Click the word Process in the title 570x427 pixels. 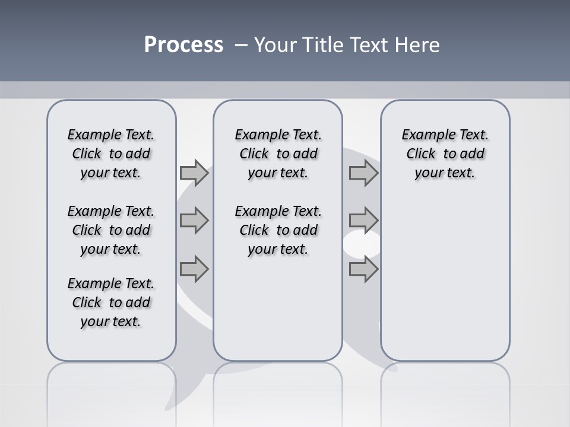(x=183, y=45)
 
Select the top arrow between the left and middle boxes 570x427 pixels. (x=194, y=173)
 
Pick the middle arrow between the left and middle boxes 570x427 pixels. (x=194, y=221)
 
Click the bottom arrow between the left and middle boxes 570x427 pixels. (x=194, y=269)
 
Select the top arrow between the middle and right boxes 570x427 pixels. (x=363, y=173)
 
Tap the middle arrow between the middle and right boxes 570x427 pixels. (x=363, y=221)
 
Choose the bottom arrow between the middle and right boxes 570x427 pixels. (x=363, y=269)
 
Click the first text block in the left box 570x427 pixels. (x=111, y=154)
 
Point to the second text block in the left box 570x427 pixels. (x=111, y=230)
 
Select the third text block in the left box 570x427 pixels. (x=111, y=302)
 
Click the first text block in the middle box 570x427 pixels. (x=278, y=154)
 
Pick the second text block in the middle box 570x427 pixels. (x=278, y=230)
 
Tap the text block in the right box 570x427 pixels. (x=445, y=154)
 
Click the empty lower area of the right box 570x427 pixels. (x=445, y=285)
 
